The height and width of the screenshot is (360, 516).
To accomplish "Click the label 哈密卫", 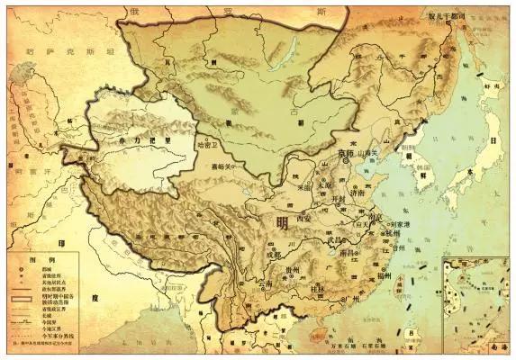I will point(206,143).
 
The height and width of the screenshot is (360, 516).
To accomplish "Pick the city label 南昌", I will point(350,254).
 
